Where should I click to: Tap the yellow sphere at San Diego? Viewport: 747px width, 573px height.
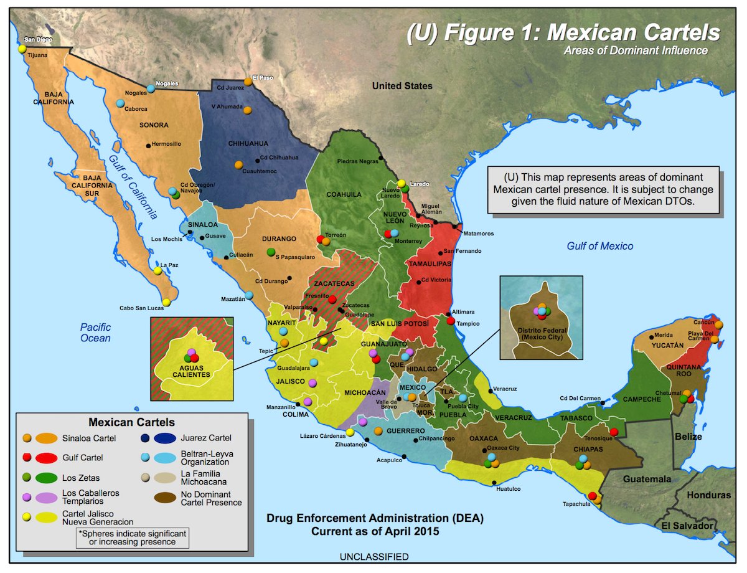[22, 49]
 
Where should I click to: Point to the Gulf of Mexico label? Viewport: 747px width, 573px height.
[599, 246]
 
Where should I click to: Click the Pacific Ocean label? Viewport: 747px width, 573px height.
[95, 333]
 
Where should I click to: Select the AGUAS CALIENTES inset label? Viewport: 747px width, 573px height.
[192, 371]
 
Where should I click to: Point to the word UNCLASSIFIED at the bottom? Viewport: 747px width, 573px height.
[374, 556]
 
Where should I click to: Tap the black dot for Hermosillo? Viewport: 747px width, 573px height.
[148, 146]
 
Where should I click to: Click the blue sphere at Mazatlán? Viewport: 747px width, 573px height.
[249, 295]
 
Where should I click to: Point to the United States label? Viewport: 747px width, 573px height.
[402, 86]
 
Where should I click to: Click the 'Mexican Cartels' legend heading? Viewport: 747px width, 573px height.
[131, 422]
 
